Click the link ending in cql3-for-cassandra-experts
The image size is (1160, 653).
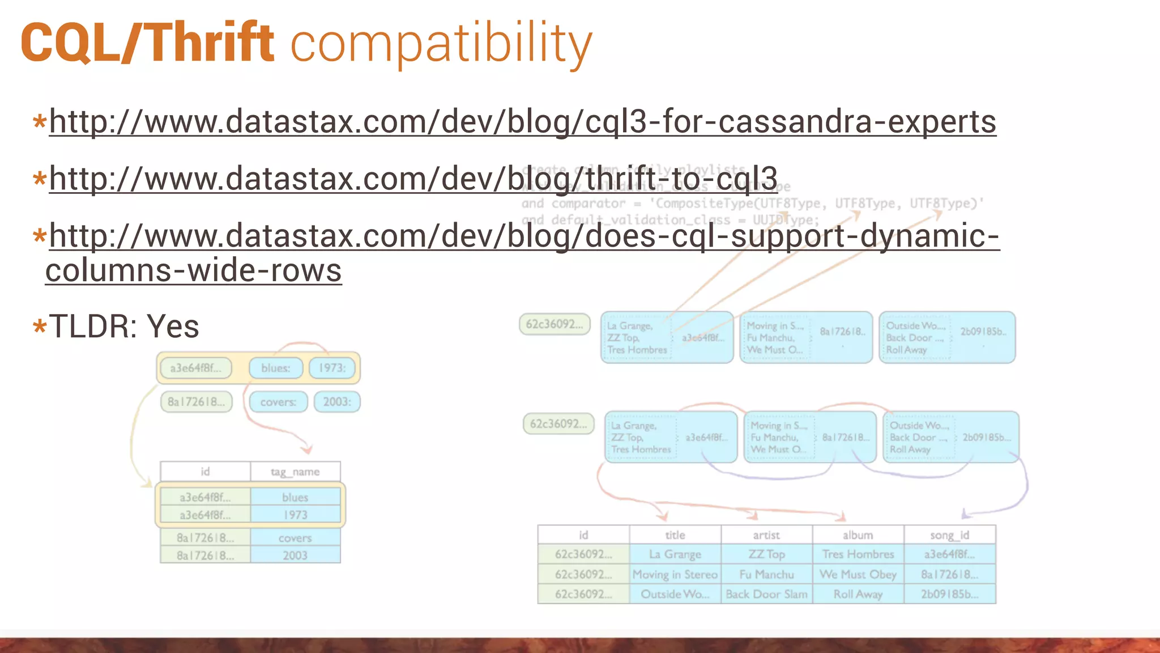[x=522, y=122]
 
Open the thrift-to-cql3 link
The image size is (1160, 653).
[x=413, y=179]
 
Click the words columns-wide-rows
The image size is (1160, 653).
[x=193, y=270]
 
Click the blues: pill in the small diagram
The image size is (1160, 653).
[x=276, y=368]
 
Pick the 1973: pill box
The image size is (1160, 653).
[x=332, y=368]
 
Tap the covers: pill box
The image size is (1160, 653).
[x=278, y=402]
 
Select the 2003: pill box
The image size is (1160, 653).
[x=337, y=402]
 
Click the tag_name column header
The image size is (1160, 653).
[x=295, y=472]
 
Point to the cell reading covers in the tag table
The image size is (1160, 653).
[x=295, y=538]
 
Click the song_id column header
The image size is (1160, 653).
[x=949, y=535]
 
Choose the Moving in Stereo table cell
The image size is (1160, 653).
[x=675, y=574]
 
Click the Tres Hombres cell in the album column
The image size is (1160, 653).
[x=858, y=554]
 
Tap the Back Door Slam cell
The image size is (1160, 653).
[x=766, y=594]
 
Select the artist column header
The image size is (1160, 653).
[x=766, y=535]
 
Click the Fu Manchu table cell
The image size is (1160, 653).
[x=766, y=574]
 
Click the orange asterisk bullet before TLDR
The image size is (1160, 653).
[x=39, y=327]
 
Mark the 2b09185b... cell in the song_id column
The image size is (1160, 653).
[x=949, y=594]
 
